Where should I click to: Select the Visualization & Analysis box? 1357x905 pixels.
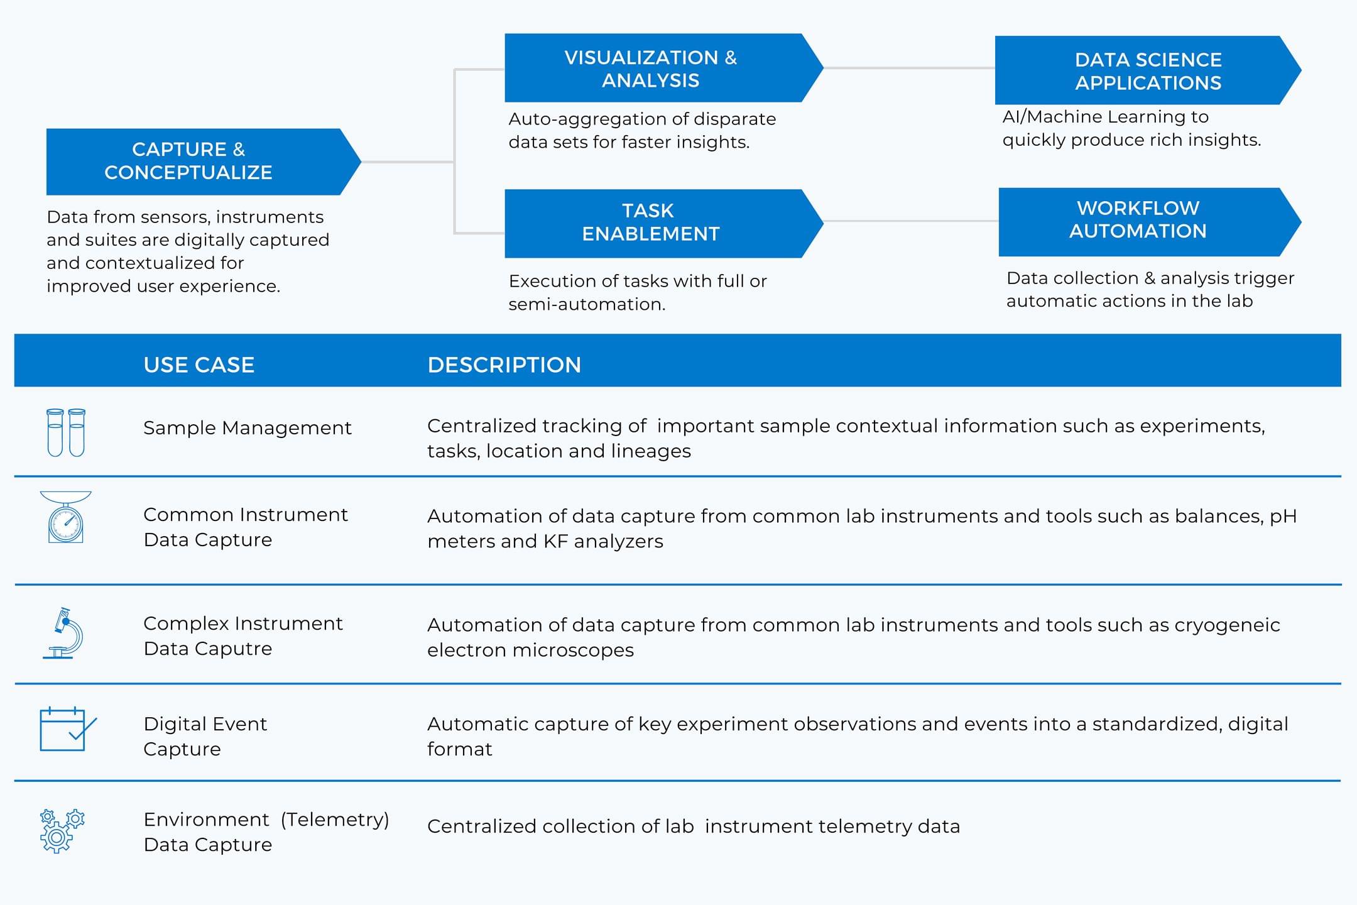point(663,68)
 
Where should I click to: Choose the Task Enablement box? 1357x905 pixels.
point(663,223)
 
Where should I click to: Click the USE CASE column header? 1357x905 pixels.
point(199,365)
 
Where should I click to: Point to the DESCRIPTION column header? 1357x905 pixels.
point(504,365)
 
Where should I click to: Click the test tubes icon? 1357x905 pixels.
point(66,432)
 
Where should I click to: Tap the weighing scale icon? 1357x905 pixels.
point(66,517)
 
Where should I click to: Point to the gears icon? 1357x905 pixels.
point(62,831)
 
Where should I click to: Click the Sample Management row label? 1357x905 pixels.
point(248,428)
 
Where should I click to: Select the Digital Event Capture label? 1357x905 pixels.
point(205,736)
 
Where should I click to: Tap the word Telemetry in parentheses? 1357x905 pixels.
point(335,820)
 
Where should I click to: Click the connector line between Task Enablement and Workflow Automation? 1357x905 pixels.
point(911,221)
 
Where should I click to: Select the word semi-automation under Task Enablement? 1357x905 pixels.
point(587,304)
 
